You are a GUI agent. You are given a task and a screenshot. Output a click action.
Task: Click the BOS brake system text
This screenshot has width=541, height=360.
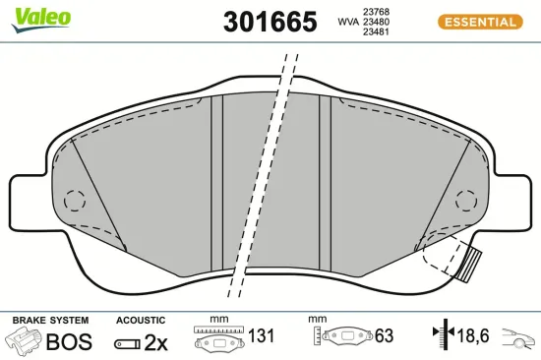pos(69,341)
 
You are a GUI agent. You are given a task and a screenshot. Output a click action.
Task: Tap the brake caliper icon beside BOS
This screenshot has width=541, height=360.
pos(26,340)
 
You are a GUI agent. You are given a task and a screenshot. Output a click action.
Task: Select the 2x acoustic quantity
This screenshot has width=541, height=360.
pos(155,341)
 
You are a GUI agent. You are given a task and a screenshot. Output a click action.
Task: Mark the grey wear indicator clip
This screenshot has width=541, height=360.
pos(472,265)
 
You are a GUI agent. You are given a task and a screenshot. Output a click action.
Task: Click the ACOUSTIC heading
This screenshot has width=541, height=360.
pos(141,321)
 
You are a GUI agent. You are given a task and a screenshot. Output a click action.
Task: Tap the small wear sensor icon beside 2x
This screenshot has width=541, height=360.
pos(127,342)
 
